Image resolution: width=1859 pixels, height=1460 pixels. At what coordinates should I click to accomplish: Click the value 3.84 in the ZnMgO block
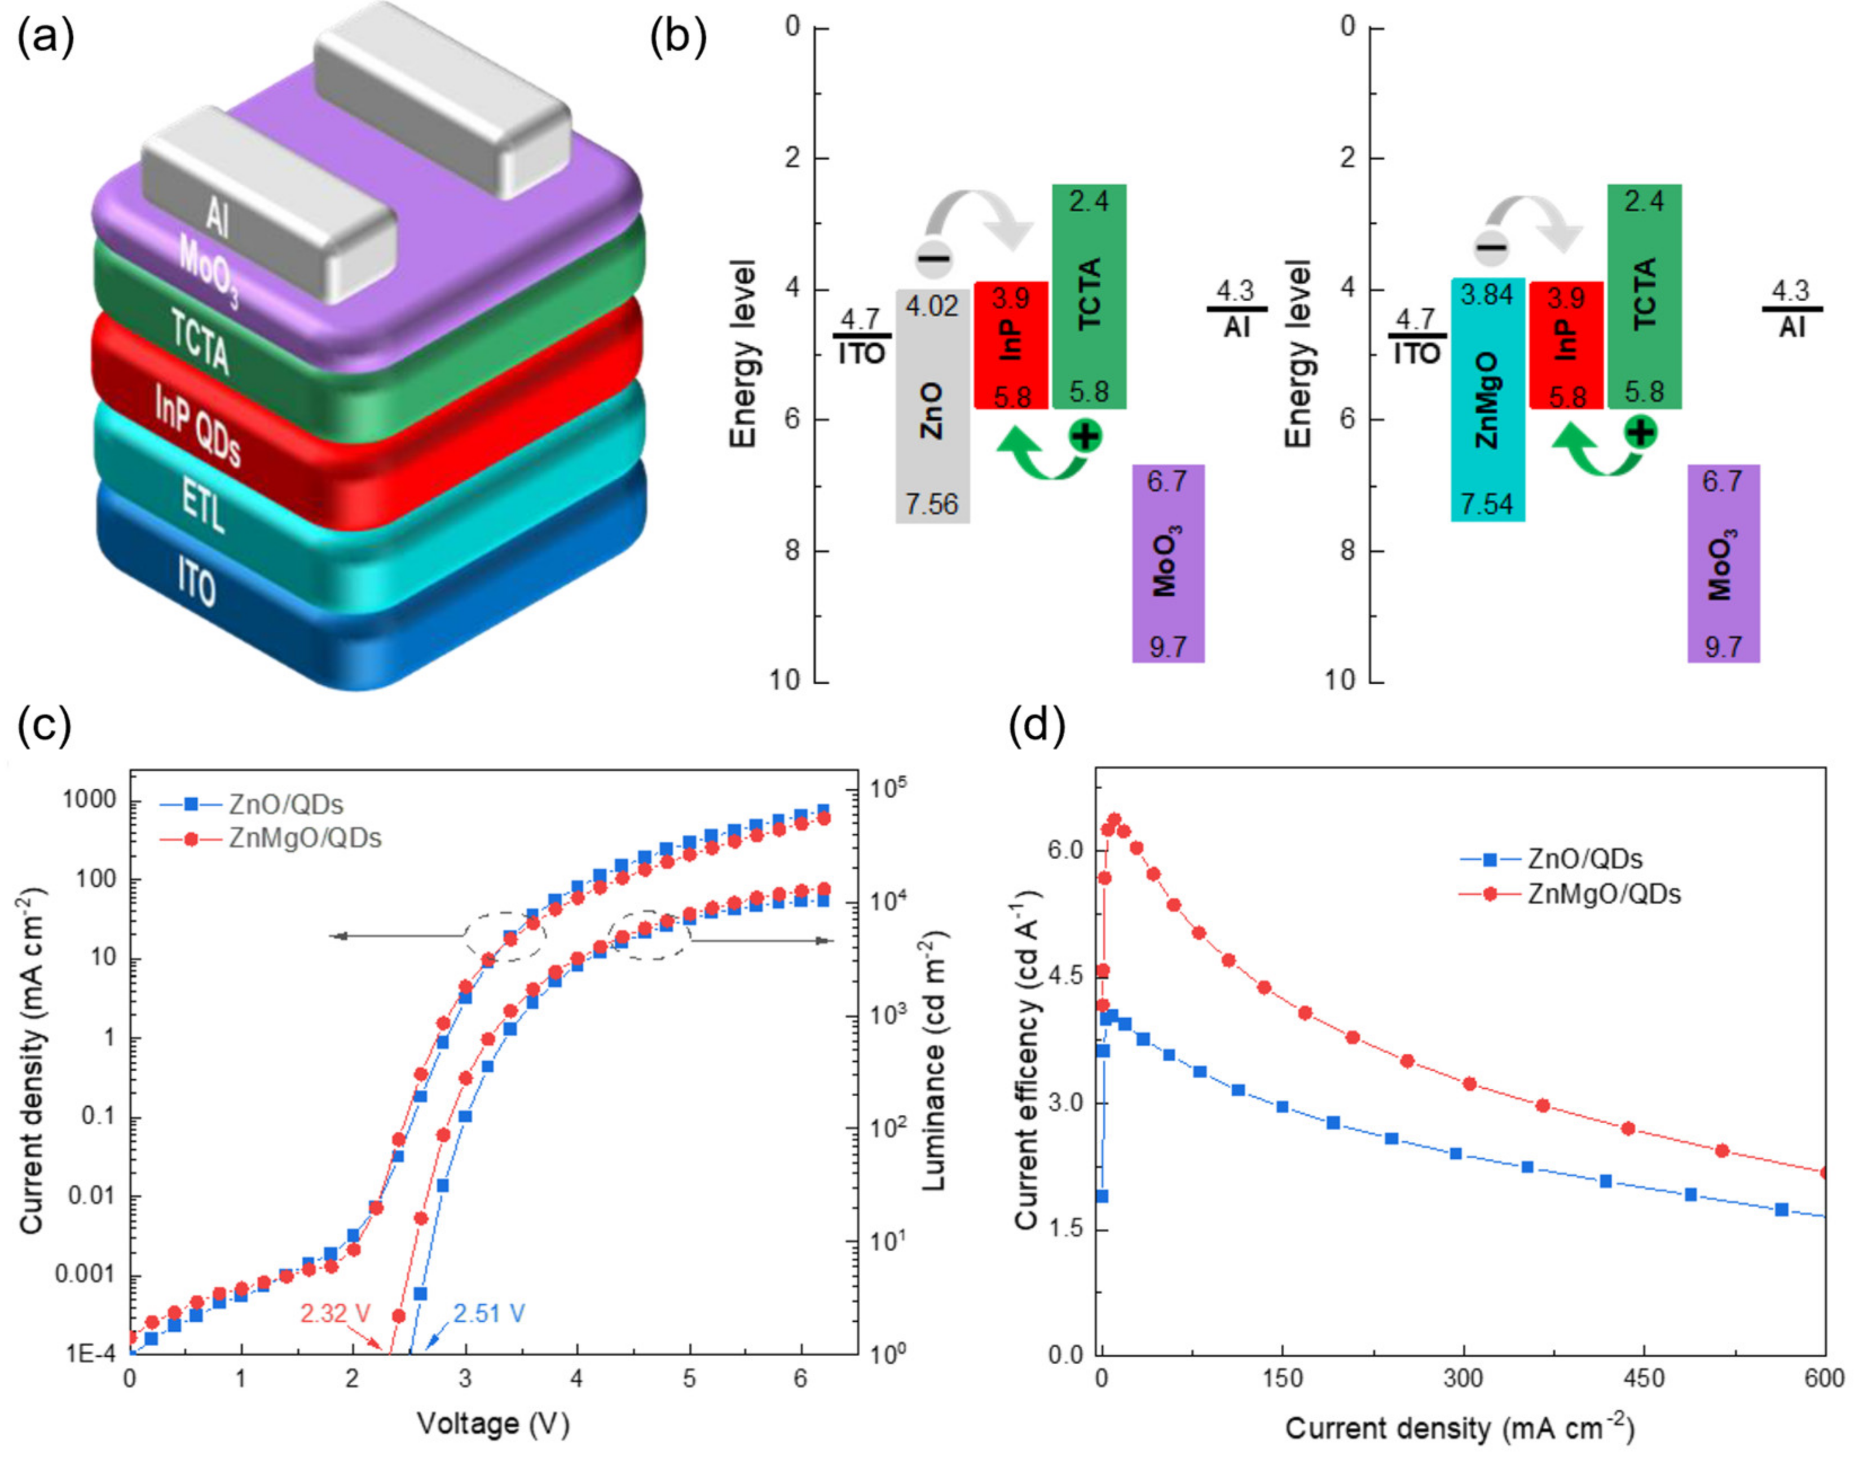(1487, 296)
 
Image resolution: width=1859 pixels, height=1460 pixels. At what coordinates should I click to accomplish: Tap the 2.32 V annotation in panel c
(335, 1313)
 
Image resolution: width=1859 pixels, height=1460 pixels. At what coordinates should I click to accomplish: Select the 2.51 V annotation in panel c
(489, 1313)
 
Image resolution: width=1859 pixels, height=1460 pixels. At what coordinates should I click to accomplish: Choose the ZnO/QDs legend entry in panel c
(287, 804)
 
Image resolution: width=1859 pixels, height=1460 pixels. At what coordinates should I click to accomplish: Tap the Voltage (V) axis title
(493, 1423)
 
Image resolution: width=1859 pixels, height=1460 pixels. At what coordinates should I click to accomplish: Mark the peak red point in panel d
(1114, 820)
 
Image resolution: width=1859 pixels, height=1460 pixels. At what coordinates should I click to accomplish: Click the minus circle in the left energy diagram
(933, 257)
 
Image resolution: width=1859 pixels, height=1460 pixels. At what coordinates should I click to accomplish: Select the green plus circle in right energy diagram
(1640, 432)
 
